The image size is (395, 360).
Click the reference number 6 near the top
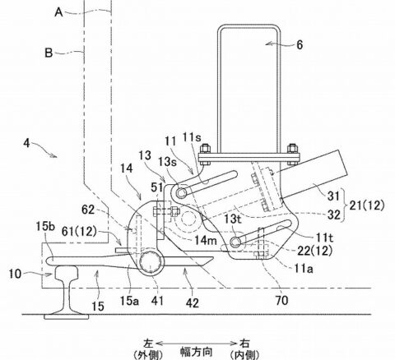[x=300, y=44]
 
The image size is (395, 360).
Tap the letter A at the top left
[x=58, y=12]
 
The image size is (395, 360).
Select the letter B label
[x=49, y=53]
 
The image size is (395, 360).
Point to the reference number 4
[x=26, y=143]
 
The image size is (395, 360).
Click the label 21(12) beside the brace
[x=365, y=205]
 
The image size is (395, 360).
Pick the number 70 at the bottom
[x=281, y=301]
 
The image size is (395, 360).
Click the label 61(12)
[x=79, y=232]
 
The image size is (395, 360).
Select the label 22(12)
[x=314, y=251]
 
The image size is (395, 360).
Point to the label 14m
[x=206, y=241]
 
